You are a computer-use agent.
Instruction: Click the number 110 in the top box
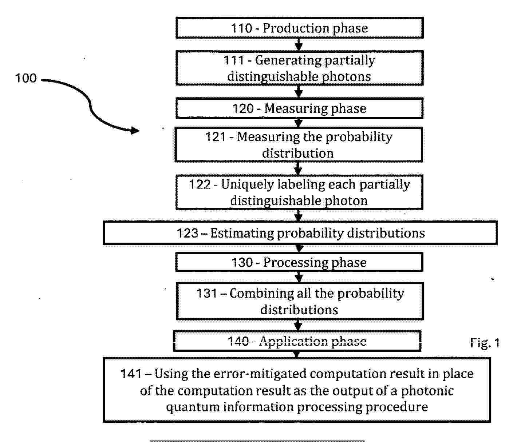(242, 28)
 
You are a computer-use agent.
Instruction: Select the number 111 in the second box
(234, 60)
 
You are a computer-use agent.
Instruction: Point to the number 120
(243, 108)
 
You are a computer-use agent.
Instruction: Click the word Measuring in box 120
(296, 109)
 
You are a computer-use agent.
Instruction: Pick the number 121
(216, 137)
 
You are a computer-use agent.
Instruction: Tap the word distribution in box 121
(298, 154)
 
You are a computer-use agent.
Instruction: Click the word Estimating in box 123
(242, 233)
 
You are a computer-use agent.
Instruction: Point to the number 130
(242, 263)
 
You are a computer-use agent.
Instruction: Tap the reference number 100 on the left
(26, 78)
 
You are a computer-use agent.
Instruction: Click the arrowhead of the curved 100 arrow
(135, 131)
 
